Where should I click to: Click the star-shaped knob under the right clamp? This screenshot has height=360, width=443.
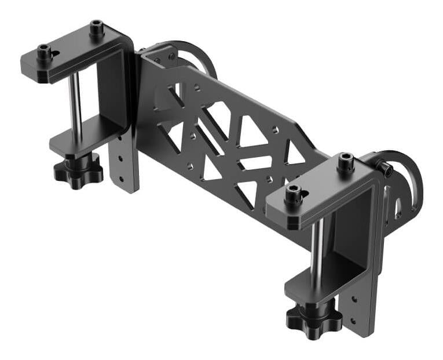(x=313, y=318)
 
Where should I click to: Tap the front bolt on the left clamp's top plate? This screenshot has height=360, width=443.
(x=44, y=53)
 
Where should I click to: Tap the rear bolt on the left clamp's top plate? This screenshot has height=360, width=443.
(x=96, y=28)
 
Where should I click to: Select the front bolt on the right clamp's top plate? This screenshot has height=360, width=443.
(x=294, y=194)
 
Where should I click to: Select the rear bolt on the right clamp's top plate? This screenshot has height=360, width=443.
(x=346, y=161)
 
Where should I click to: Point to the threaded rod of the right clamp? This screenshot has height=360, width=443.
(x=316, y=255)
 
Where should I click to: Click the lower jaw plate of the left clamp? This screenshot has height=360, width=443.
(x=87, y=135)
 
